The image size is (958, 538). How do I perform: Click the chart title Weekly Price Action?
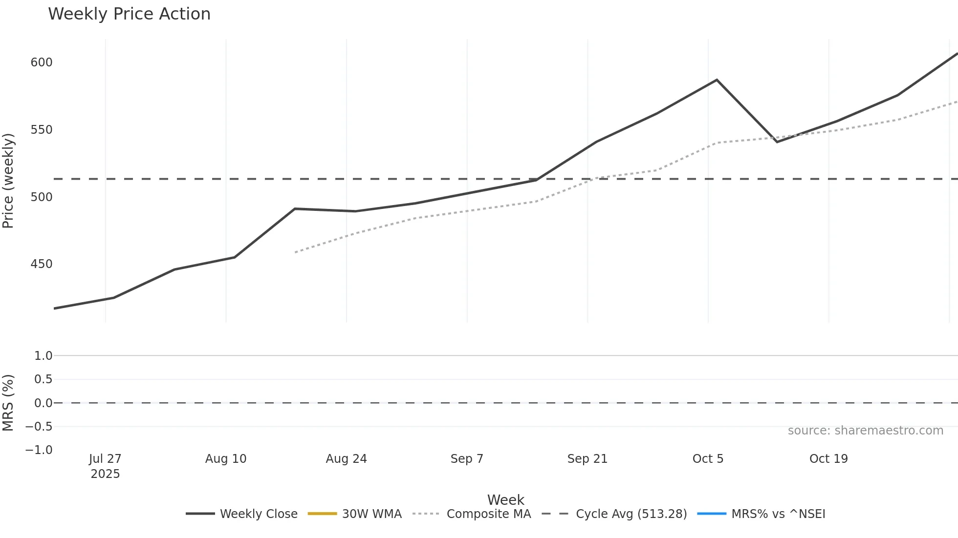click(129, 14)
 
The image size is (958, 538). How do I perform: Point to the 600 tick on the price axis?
click(42, 62)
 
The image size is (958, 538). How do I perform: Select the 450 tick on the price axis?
click(42, 264)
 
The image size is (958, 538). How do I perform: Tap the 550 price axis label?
click(42, 130)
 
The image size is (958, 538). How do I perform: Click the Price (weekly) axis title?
click(8, 181)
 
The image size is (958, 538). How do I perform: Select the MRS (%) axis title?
click(8, 403)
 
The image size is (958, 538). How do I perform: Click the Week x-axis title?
click(505, 500)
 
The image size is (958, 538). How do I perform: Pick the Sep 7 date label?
click(467, 459)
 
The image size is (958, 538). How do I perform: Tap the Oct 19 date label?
click(828, 459)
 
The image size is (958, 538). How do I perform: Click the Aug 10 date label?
click(226, 459)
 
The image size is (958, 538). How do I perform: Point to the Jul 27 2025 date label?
click(105, 466)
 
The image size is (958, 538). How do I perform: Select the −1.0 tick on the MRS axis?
click(39, 450)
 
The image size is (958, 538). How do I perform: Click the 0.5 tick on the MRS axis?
click(43, 379)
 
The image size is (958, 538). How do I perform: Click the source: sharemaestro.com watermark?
click(865, 431)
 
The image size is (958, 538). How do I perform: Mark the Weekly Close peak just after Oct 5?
click(717, 80)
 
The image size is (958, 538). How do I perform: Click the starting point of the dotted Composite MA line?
click(295, 252)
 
